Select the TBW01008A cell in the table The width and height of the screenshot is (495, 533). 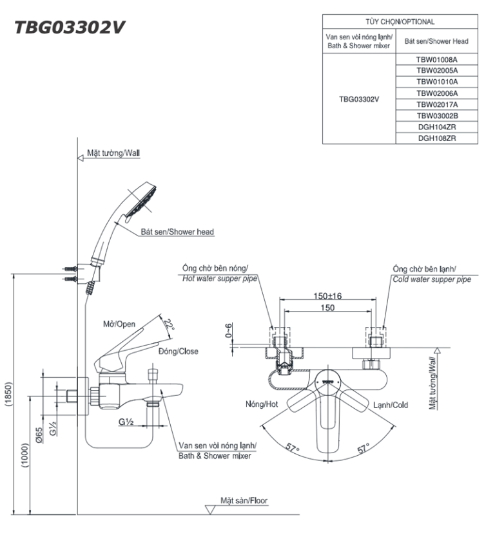(436, 59)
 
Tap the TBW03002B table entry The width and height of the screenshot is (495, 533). (436, 115)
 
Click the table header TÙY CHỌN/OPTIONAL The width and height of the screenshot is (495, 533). (400, 22)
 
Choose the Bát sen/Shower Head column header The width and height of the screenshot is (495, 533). (436, 41)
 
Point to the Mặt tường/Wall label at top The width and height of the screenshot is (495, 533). (113, 154)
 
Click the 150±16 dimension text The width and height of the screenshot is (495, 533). (328, 297)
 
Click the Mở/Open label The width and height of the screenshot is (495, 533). (119, 324)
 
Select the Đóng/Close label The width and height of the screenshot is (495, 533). (179, 351)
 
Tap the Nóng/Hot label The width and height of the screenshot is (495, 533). (260, 405)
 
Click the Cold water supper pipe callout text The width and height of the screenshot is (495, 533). (431, 279)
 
